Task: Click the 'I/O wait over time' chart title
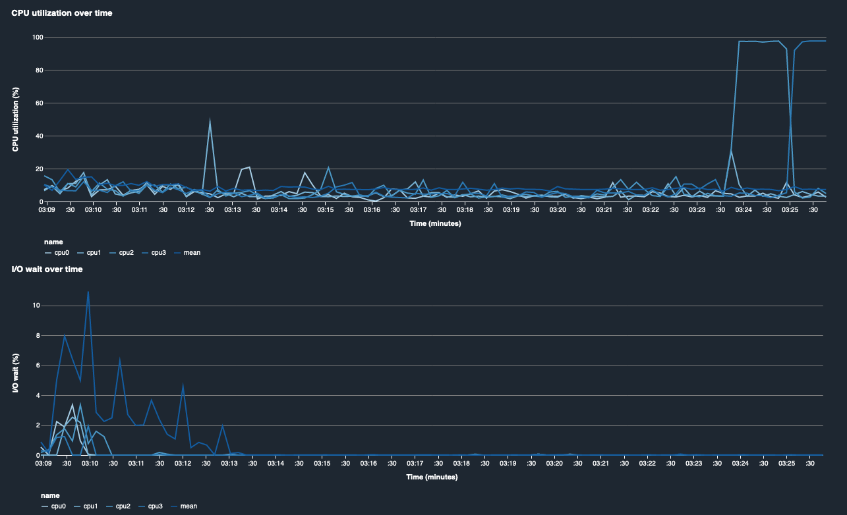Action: tap(47, 269)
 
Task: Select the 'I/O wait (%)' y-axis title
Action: tap(15, 373)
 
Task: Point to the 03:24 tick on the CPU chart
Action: tap(744, 210)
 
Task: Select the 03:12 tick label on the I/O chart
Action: tap(183, 464)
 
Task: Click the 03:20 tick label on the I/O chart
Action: tap(554, 464)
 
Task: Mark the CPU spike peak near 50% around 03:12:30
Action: tap(210, 120)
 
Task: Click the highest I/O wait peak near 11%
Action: tap(88, 292)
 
